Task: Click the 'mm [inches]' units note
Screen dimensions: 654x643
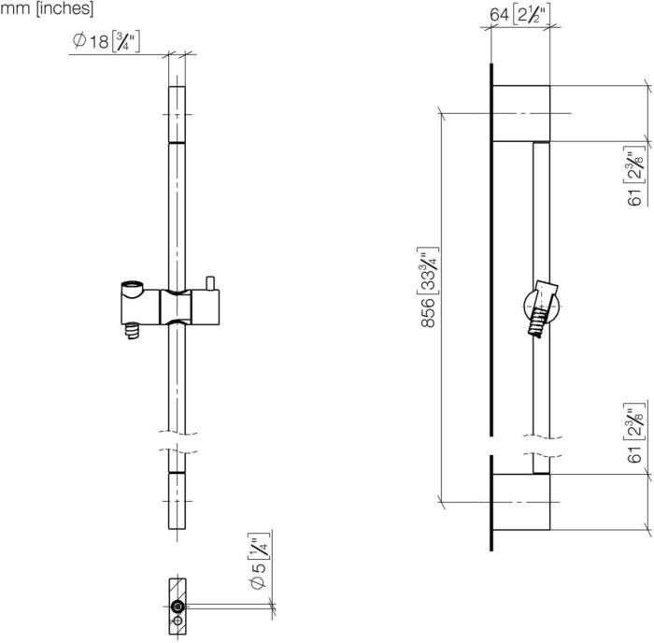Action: tap(47, 8)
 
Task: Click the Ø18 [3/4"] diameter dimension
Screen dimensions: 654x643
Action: tap(106, 42)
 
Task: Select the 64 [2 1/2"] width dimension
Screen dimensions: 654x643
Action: tap(520, 15)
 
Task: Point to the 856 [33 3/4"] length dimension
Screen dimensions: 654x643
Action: tap(428, 287)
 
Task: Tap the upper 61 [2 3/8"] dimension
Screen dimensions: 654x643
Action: tap(635, 176)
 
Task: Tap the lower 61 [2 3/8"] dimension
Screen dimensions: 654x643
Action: tap(635, 433)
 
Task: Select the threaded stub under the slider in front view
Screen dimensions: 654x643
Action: tap(133, 331)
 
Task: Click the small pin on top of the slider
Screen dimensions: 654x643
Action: tap(210, 283)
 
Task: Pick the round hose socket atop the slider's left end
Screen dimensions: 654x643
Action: tap(133, 287)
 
